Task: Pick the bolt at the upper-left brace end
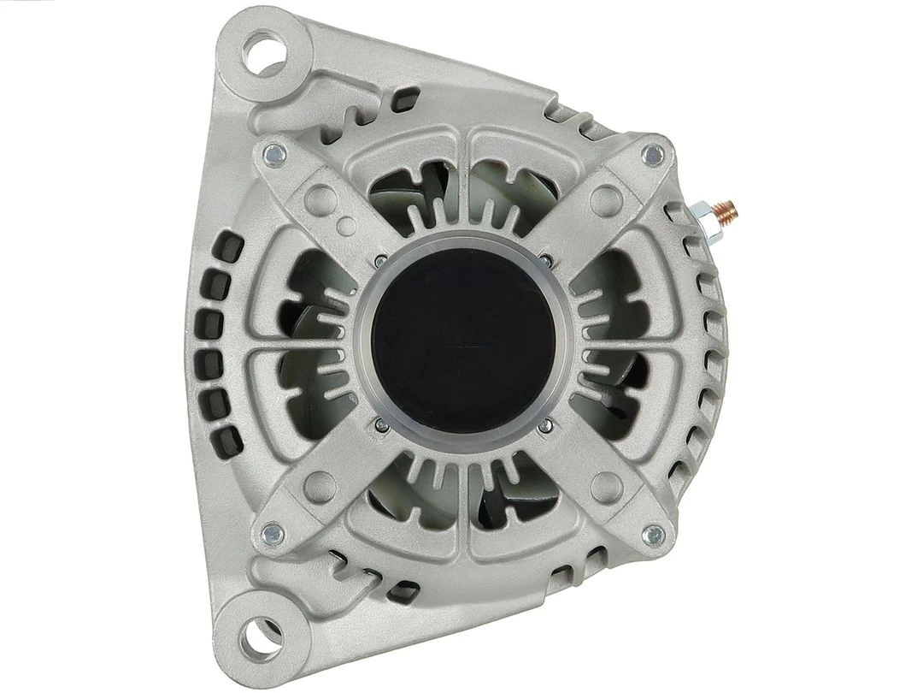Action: pyautogui.click(x=273, y=155)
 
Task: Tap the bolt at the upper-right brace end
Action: pyautogui.click(x=653, y=155)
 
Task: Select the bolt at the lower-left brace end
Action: pyautogui.click(x=273, y=531)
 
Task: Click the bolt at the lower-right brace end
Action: pyautogui.click(x=653, y=536)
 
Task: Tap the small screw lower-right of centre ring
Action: pyautogui.click(x=545, y=425)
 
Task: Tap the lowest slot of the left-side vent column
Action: pyautogui.click(x=224, y=442)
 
